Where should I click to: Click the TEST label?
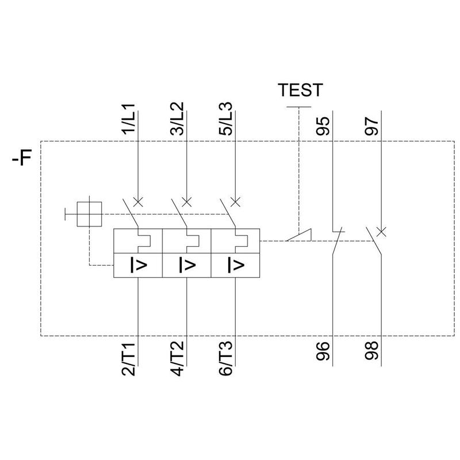(x=300, y=90)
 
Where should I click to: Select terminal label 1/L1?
(x=129, y=120)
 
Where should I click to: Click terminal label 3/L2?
(x=177, y=120)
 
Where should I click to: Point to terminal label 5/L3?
(x=226, y=120)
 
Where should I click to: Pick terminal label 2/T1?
(x=129, y=360)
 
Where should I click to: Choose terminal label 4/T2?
(x=177, y=360)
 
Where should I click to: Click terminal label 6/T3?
(x=226, y=360)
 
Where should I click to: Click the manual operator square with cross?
(x=90, y=215)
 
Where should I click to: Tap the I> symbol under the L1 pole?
(x=138, y=265)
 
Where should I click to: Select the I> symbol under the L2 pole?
(x=187, y=265)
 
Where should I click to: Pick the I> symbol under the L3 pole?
(x=235, y=265)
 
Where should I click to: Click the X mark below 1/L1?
(x=138, y=201)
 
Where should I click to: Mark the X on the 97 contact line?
(x=381, y=232)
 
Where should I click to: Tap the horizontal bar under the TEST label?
(x=299, y=107)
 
